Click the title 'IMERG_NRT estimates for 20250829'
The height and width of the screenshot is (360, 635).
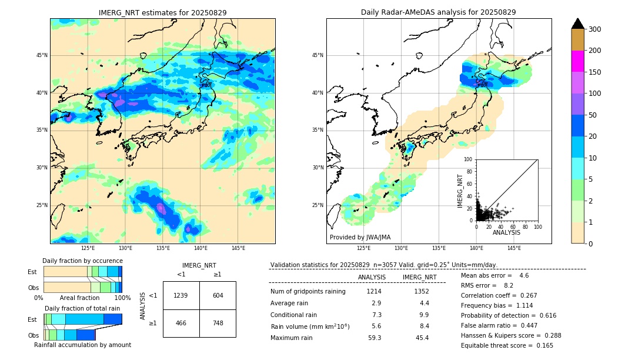click(162, 12)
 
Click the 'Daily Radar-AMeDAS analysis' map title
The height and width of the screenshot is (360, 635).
click(438, 12)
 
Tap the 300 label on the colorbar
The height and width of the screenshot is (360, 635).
click(595, 29)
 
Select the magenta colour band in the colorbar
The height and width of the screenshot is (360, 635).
click(577, 61)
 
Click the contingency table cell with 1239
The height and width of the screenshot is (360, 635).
click(181, 295)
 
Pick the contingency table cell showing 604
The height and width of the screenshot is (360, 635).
click(218, 295)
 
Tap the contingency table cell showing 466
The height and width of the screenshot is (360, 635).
click(181, 323)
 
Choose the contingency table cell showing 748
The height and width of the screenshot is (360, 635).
click(218, 323)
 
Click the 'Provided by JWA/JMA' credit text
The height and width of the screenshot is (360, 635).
click(360, 237)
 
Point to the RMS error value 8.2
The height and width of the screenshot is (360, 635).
click(509, 286)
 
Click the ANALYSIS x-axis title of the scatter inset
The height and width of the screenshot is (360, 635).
click(506, 232)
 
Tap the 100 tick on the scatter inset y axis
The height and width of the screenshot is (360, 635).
click(468, 159)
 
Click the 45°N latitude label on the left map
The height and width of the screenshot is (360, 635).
click(42, 55)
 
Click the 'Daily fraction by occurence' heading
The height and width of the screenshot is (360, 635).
click(82, 261)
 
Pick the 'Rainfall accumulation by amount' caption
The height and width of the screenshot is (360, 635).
click(82, 345)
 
